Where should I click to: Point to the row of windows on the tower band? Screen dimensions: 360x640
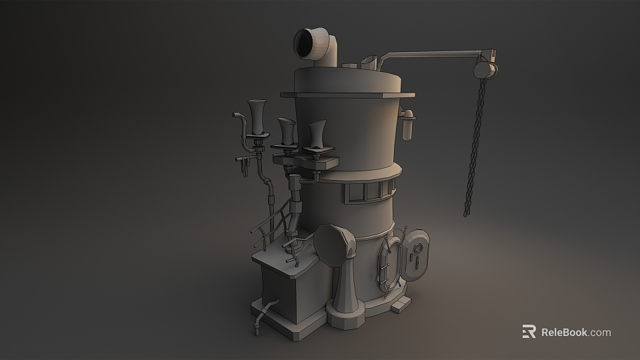[367, 192]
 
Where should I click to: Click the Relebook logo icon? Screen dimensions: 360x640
[529, 331]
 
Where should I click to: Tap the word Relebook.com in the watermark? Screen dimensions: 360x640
[575, 332]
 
